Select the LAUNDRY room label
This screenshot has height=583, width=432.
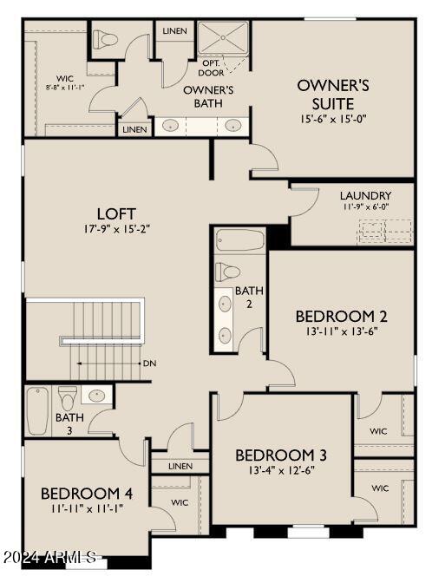[x=365, y=195]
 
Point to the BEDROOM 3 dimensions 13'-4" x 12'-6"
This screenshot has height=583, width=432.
[x=281, y=471]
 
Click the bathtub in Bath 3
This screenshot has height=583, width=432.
[x=36, y=411]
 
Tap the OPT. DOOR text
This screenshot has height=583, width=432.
[x=211, y=67]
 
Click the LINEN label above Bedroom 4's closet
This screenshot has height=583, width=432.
[x=180, y=466]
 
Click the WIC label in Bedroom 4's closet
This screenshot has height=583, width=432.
[x=180, y=502]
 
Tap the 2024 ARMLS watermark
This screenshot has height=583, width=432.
[x=49, y=557]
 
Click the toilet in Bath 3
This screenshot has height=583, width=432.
[x=68, y=400]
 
